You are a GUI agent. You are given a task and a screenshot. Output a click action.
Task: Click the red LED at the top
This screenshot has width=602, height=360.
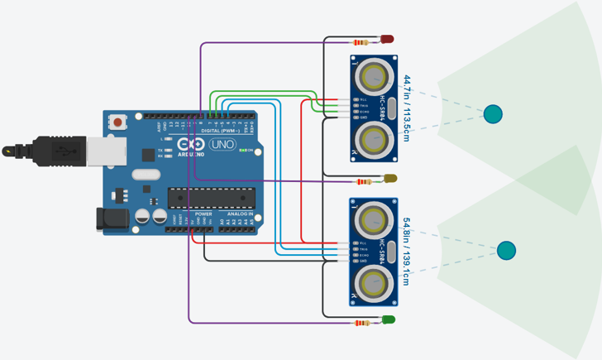pos(387,39)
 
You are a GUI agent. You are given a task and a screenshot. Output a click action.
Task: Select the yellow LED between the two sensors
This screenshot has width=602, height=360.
pos(390,179)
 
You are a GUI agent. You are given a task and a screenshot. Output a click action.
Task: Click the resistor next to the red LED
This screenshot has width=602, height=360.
pos(361,42)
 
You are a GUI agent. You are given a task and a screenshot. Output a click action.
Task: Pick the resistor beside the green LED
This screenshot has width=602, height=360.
pos(361,323)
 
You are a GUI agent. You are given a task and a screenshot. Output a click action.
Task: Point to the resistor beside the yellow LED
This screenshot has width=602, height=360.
pos(363,181)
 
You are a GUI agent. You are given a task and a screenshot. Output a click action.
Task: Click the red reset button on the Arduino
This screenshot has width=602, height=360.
pos(118,122)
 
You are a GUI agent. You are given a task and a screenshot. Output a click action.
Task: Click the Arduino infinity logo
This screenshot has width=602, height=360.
pos(188,145)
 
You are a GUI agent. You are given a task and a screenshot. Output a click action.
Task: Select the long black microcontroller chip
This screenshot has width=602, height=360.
pos(210,198)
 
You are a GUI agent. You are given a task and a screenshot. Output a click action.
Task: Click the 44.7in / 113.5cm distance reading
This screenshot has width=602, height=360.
pos(407,108)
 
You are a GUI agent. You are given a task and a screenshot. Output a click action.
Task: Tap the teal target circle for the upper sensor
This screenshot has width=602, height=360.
pos(493,114)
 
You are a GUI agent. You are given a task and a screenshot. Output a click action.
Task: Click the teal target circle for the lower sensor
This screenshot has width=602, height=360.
pos(506,250)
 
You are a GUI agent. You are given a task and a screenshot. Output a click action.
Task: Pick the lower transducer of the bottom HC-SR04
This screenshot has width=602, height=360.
pos(373,282)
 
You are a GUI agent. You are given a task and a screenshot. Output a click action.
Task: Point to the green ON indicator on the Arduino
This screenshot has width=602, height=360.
pos(246,150)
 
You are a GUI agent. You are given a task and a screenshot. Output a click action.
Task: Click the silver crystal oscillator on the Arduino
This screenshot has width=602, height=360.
pos(146,175)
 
